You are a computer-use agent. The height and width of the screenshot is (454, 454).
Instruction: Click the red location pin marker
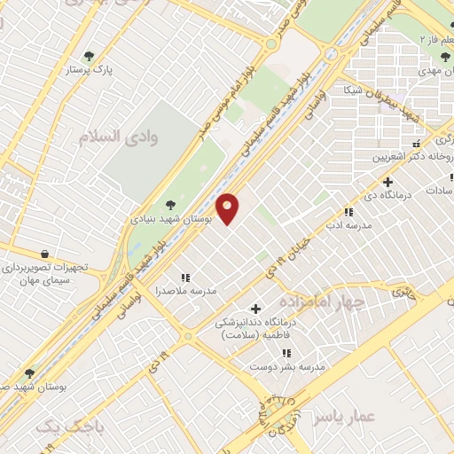pyautogui.click(x=228, y=207)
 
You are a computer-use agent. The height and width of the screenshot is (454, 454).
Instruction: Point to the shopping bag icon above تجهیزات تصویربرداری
pyautogui.click(x=44, y=254)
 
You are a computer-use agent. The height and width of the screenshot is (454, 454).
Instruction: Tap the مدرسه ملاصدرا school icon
pyautogui.click(x=186, y=277)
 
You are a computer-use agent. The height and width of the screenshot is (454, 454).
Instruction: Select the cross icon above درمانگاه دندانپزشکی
pyautogui.click(x=256, y=309)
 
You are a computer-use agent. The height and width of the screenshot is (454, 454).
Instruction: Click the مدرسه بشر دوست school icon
pyautogui.click(x=286, y=353)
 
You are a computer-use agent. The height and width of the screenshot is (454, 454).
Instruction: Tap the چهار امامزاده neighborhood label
pyautogui.click(x=316, y=303)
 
